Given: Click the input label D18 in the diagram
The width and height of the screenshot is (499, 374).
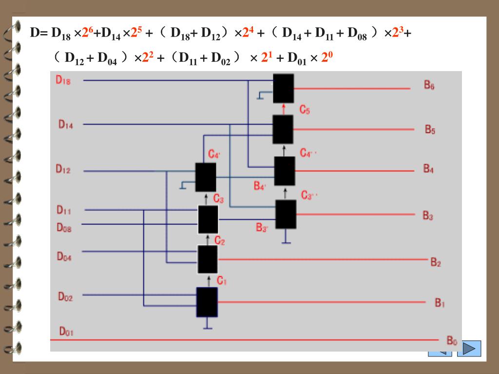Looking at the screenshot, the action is point(63,81).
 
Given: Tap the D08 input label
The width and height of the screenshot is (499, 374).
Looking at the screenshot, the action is point(64,227).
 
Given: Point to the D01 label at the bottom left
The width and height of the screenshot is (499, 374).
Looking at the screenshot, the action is point(66,332).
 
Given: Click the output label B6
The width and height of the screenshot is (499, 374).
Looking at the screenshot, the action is point(429,86).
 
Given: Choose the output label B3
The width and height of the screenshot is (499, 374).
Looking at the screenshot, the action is point(428,215).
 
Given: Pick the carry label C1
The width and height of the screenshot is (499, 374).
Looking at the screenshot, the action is point(222,281).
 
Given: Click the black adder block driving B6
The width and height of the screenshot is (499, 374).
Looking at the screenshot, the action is point(283,88).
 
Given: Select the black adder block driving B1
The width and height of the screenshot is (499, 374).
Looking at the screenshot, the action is point(207,302).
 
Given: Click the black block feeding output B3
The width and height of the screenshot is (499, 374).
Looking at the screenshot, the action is point(286,214).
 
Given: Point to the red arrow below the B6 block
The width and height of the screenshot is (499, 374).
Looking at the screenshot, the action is point(283,109).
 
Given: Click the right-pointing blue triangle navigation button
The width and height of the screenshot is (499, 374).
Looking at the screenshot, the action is point(469,349).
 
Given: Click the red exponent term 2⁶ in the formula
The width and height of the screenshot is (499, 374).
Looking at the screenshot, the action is point(87,33).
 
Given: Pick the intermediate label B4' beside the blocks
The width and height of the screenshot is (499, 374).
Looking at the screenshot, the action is point(260,187).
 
